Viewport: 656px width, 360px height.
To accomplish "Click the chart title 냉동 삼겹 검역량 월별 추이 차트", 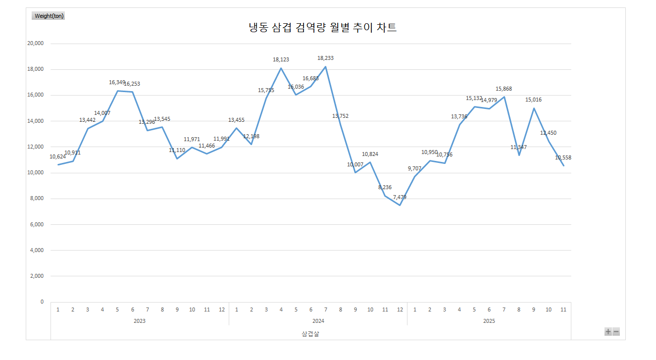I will (322, 28).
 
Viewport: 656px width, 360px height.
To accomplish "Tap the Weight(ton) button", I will (49, 16).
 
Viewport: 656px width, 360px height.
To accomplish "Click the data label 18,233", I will (325, 58).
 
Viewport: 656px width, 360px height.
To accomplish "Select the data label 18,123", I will (281, 59).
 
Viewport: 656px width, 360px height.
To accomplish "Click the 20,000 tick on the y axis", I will (35, 44).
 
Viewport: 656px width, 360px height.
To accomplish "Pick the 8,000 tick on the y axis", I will (37, 199).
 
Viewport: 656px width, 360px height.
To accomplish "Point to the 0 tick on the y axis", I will (42, 302).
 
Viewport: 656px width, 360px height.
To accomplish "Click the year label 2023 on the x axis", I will (140, 321).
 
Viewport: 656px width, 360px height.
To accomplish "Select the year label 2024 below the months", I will (318, 321).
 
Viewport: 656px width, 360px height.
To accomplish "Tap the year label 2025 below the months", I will (489, 321).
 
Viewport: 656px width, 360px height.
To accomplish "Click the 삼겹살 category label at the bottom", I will (310, 334).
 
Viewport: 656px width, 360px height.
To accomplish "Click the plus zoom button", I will (608, 332).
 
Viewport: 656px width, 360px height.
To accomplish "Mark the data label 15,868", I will (504, 89).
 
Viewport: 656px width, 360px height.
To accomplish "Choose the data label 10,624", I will (57, 157).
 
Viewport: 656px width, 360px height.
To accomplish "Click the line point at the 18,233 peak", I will (325, 67).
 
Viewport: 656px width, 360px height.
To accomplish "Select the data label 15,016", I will (533, 100).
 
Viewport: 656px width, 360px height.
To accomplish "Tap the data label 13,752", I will (340, 116).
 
